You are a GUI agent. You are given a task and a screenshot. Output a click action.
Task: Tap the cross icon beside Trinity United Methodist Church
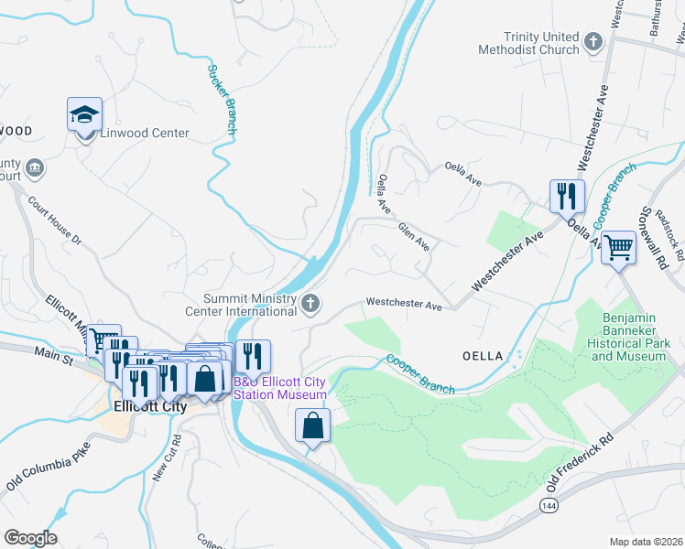click(x=593, y=41)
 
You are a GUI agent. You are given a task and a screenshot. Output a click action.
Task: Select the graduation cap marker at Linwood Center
click(x=84, y=116)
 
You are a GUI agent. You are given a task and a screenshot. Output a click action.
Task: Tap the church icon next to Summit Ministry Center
click(x=311, y=303)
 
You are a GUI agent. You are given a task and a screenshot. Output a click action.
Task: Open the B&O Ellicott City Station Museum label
click(x=280, y=388)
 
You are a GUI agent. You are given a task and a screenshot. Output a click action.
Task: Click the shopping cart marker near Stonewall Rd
click(x=619, y=246)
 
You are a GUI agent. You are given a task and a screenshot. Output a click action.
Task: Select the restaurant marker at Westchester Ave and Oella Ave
click(x=567, y=197)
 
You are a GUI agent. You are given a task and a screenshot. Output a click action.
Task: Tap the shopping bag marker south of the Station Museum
click(x=312, y=425)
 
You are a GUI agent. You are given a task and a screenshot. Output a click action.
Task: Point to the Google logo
click(x=30, y=537)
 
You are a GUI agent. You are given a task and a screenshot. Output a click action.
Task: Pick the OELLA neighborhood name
click(x=483, y=355)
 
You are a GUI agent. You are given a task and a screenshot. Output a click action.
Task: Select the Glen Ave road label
click(x=414, y=235)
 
